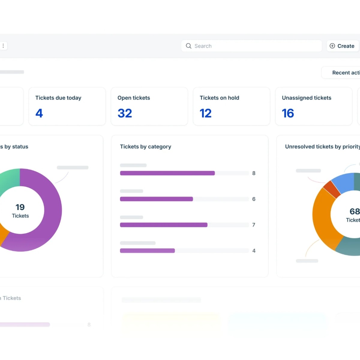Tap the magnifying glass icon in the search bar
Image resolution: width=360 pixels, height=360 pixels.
coord(189,46)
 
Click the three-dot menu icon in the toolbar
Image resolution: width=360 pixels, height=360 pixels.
coord(3,46)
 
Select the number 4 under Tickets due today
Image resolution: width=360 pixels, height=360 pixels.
coord(39,113)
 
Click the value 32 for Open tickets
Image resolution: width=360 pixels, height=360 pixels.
coord(125,113)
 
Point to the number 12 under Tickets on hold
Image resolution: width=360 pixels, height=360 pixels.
coord(206,113)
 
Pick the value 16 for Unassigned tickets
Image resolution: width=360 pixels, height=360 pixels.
coord(288,113)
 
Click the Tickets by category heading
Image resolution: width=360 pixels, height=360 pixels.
coord(145,147)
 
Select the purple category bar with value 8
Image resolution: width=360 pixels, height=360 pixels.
coord(167,173)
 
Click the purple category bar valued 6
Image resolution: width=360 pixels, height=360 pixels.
coord(156,199)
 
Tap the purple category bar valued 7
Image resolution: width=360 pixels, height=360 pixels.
coord(163,225)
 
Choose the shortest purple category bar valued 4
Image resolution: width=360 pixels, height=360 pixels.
coord(147,251)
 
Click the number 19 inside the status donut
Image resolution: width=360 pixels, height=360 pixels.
coord(20,207)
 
